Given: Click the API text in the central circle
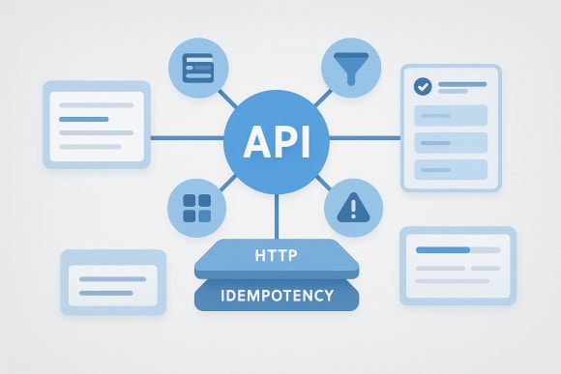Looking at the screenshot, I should coord(277,143).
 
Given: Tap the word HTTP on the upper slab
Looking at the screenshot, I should coord(276,257).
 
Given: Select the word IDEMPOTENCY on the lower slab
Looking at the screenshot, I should coord(277,295).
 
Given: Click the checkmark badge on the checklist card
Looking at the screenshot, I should coord(422,87).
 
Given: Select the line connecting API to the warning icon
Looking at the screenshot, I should coord(322,181).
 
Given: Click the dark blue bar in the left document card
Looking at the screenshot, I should coord(83,119).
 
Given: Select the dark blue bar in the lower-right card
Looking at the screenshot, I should coord(441,249).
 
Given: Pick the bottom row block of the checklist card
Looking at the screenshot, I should coord(451,169).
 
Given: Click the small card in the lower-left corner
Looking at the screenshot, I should coord(113,281).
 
